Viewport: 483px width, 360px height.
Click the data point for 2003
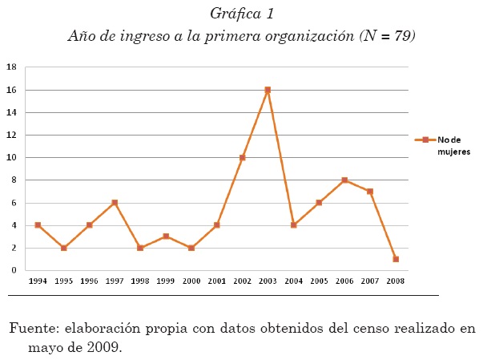[268, 90]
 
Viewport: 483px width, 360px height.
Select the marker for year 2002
[242, 158]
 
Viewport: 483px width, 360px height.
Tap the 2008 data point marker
[396, 259]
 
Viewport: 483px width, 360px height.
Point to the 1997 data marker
[115, 203]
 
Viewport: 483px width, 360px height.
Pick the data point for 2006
[344, 180]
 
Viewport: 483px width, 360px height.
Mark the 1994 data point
[38, 225]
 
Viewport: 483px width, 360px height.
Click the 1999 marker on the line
[166, 237]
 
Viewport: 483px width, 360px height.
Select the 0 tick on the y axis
[13, 270]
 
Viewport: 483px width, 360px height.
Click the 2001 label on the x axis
[216, 281]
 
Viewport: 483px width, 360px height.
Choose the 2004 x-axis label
[293, 281]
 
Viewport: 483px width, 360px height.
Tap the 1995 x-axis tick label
[63, 281]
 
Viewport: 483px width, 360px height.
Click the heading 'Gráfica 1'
[242, 13]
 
